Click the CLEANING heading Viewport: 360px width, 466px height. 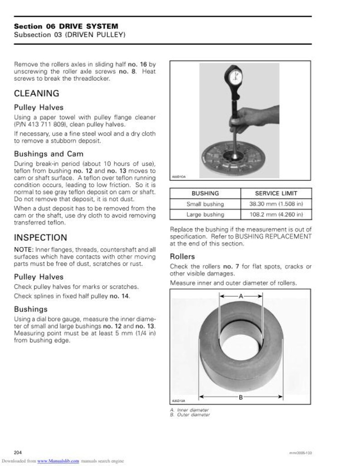click(37, 94)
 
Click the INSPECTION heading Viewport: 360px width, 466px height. click(40, 238)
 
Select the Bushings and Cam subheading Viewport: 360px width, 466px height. click(49, 154)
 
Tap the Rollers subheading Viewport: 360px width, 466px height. click(182, 257)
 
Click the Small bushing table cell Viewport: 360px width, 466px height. click(205, 204)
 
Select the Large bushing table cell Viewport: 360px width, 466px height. click(205, 214)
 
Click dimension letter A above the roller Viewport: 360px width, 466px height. click(241, 296)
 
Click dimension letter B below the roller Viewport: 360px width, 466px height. click(241, 397)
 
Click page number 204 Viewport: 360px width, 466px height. click(19, 452)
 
